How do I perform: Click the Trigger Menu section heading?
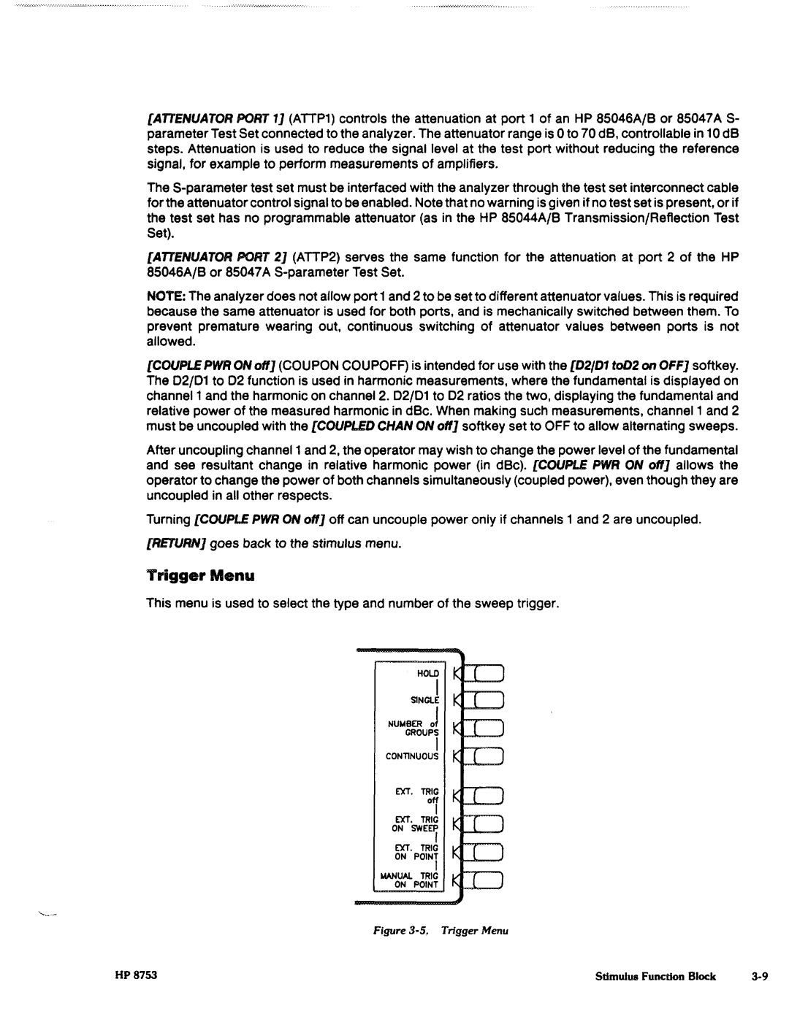pyautogui.click(x=200, y=576)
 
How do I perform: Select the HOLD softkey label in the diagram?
pyautogui.click(x=428, y=673)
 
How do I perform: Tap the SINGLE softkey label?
pyautogui.click(x=424, y=700)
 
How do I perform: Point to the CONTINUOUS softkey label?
pyautogui.click(x=413, y=756)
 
